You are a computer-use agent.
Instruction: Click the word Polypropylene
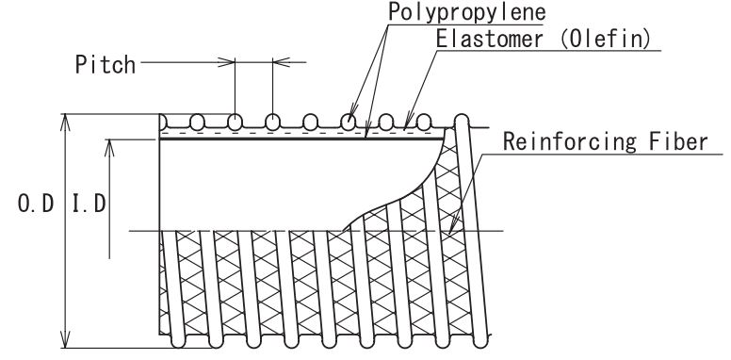click(x=466, y=11)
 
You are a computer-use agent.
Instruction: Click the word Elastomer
click(x=490, y=39)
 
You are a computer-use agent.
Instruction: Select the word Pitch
click(x=106, y=64)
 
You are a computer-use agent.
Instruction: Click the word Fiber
click(x=679, y=141)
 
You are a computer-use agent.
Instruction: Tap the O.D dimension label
click(x=36, y=204)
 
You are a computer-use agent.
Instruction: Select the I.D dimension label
click(x=89, y=204)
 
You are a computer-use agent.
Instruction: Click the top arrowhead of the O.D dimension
click(x=65, y=123)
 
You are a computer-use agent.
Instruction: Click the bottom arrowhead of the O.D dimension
click(x=65, y=339)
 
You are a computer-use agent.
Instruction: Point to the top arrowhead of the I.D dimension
click(x=109, y=147)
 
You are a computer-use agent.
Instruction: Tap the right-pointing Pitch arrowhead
click(x=227, y=62)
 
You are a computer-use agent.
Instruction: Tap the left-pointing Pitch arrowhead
click(x=281, y=62)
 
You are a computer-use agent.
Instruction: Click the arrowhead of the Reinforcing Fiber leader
click(x=453, y=225)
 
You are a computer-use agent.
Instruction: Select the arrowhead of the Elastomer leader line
click(x=407, y=122)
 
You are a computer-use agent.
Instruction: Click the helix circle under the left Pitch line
click(x=235, y=123)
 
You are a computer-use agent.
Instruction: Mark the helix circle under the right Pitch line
click(x=273, y=123)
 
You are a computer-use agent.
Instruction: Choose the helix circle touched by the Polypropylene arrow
click(x=349, y=123)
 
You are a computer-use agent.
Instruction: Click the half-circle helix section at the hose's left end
click(x=163, y=123)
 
